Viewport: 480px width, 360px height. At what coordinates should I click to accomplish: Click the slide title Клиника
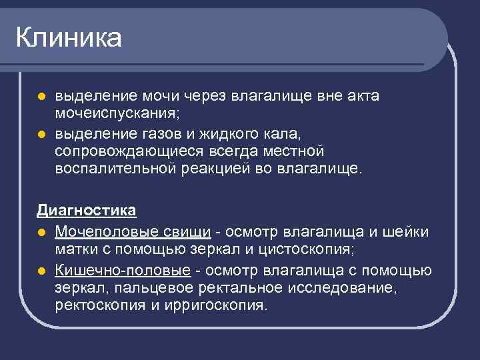69,38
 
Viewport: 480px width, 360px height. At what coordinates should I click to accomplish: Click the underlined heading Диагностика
87,211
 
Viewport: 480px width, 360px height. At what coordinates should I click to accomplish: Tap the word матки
75,250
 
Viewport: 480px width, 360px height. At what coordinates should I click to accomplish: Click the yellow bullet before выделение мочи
41,96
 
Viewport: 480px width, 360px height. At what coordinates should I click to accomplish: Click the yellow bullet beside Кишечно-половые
41,271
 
